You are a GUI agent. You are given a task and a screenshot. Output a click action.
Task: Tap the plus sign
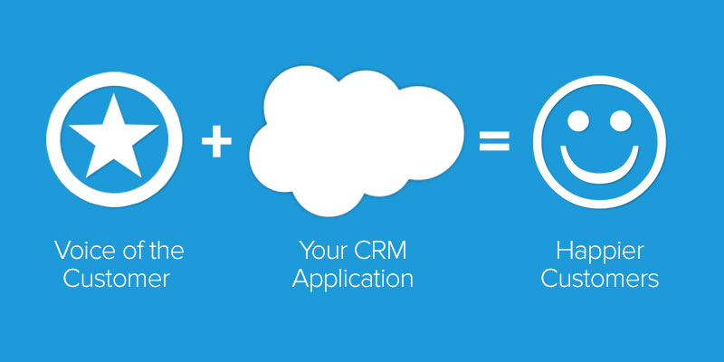click(216, 143)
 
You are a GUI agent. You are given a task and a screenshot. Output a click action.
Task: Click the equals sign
click(494, 142)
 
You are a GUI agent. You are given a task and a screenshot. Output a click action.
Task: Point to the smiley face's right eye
click(621, 119)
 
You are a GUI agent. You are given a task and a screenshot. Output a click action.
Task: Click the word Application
click(355, 279)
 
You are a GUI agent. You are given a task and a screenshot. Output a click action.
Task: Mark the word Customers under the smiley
click(598, 279)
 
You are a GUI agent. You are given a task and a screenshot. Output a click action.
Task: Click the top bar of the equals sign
click(494, 134)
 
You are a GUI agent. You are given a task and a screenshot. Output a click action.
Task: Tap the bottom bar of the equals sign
click(494, 150)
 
